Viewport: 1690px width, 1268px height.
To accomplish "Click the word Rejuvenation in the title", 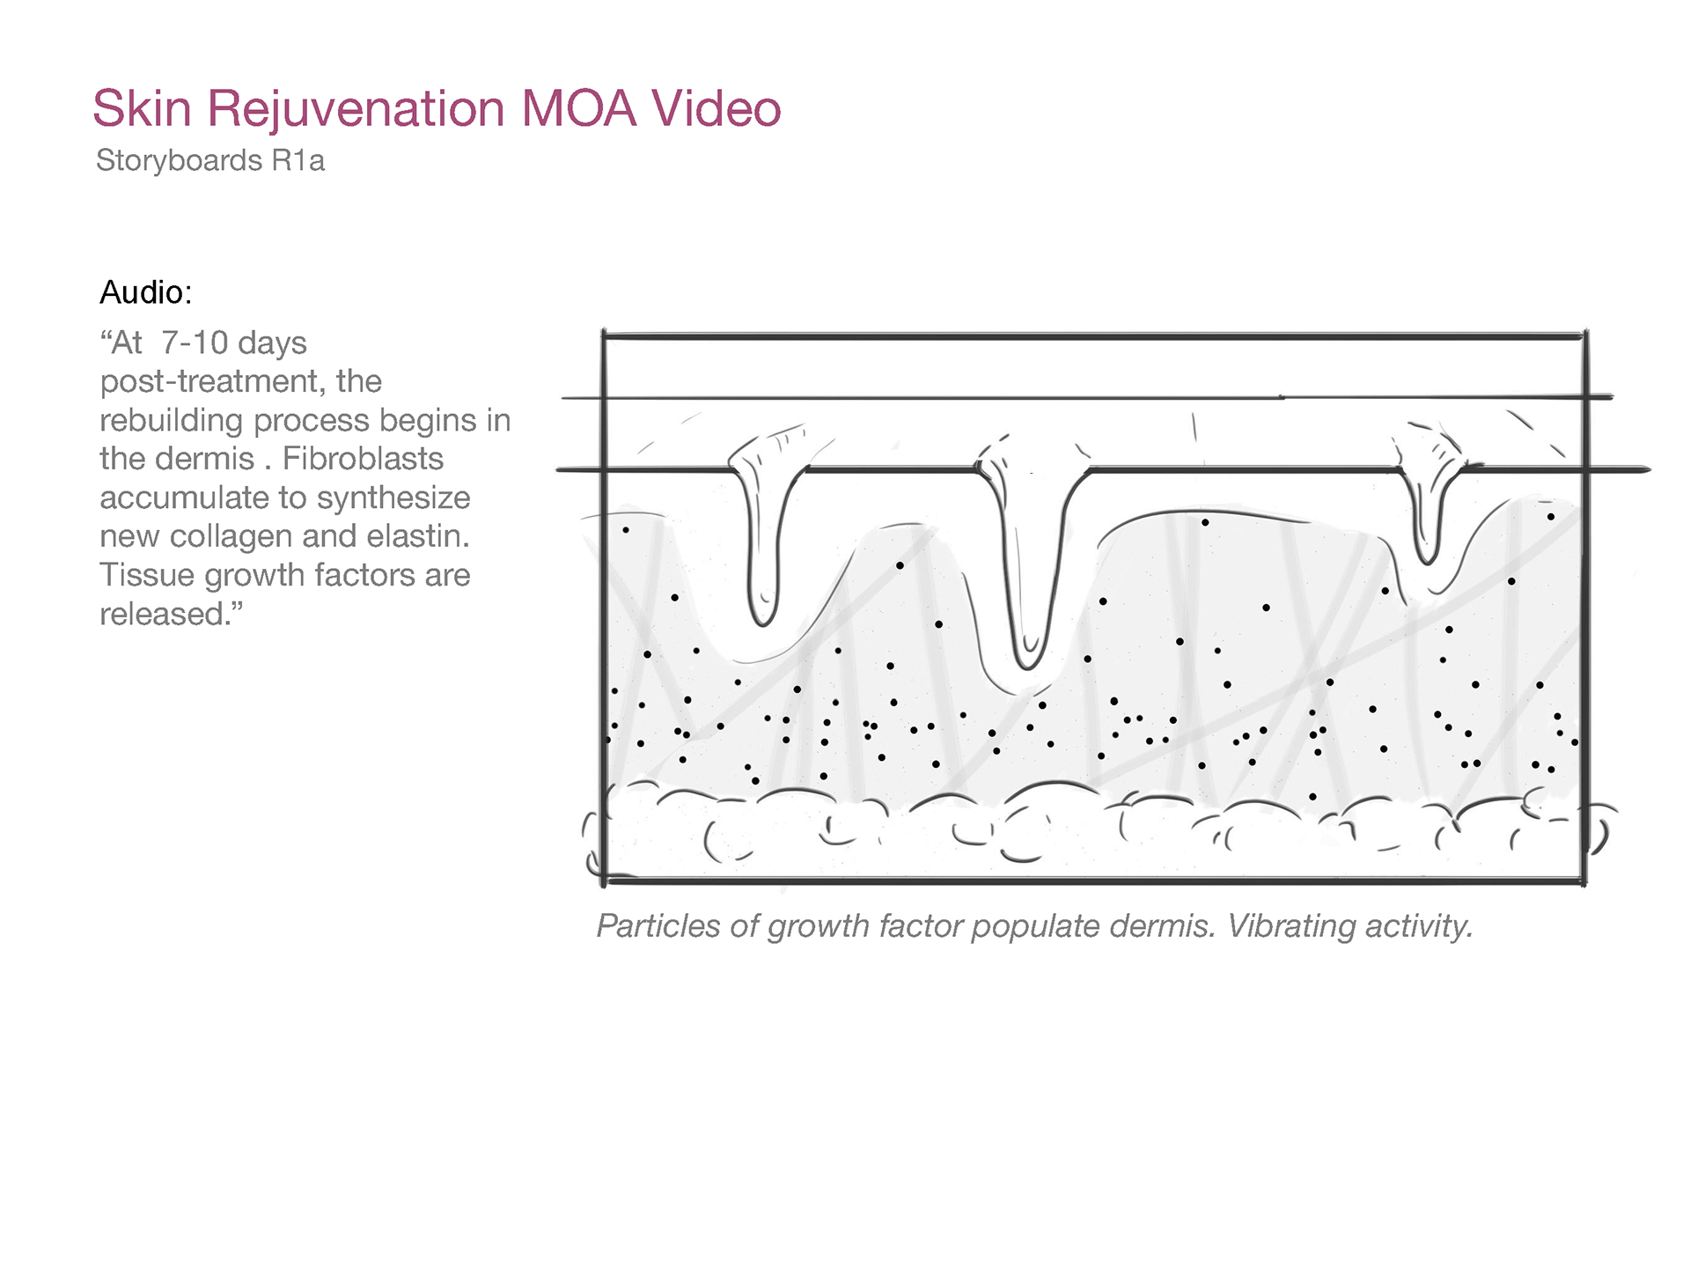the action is pos(356,109).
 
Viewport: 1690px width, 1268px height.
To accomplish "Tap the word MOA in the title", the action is pos(578,109).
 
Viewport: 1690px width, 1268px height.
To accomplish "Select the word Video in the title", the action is pos(716,109).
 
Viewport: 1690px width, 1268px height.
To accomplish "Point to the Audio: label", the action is pos(145,292).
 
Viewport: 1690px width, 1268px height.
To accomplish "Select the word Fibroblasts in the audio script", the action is pos(363,459).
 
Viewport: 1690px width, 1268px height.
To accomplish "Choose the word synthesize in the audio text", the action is pos(393,498).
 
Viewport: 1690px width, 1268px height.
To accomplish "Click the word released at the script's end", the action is pos(163,614).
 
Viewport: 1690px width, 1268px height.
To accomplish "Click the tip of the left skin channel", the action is pos(762,618).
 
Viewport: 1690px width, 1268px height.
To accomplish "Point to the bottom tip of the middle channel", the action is pos(1027,662).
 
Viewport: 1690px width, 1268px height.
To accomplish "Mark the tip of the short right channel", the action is pos(1426,557).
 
